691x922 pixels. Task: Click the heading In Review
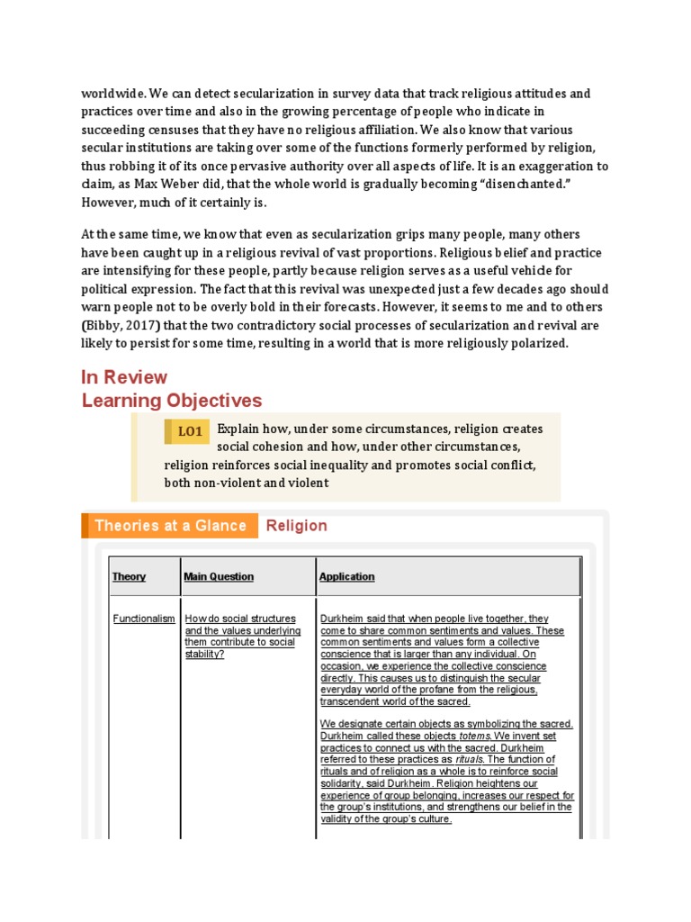[x=124, y=376]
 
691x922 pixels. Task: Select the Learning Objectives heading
[x=172, y=401]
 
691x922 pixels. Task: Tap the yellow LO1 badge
[x=189, y=431]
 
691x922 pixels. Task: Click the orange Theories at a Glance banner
[x=170, y=526]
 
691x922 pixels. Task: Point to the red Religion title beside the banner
[x=297, y=526]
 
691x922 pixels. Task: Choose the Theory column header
[x=129, y=576]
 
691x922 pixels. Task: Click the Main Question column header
[x=219, y=576]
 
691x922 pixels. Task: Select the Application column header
[x=347, y=576]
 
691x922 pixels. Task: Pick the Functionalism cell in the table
[x=144, y=619]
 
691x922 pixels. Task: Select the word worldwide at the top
[x=112, y=93]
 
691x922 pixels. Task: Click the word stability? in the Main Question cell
[x=205, y=654]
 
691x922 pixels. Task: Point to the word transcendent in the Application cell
[x=351, y=701]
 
